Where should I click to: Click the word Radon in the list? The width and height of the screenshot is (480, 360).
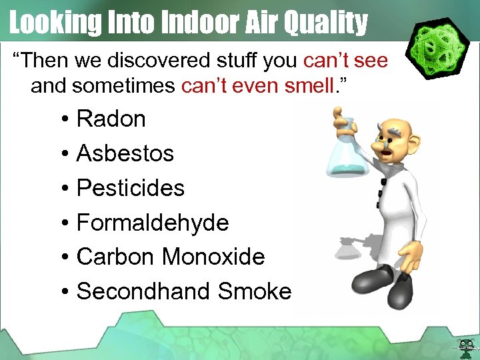click(111, 119)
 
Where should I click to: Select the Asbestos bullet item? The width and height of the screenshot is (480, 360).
click(125, 154)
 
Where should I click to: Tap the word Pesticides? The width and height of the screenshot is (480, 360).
click(130, 188)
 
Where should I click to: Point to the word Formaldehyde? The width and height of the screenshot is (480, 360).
click(153, 223)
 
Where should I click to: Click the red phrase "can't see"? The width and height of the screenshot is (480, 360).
click(345, 61)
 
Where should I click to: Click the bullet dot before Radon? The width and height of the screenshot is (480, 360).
click(66, 121)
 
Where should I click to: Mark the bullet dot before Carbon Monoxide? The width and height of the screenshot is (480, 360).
click(66, 258)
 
